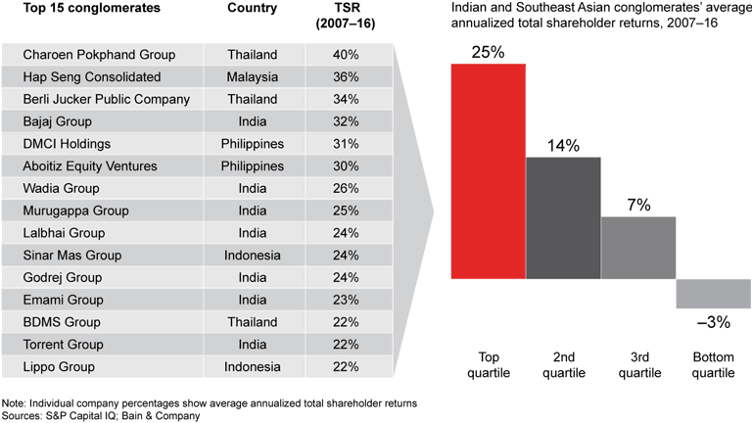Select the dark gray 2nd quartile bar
(563, 216)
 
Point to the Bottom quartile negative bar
(714, 294)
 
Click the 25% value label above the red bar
(488, 52)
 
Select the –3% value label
(713, 322)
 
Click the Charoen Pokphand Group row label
(99, 55)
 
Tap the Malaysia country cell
(252, 77)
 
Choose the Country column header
(252, 9)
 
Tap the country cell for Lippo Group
(252, 367)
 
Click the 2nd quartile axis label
(563, 365)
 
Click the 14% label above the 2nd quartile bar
(563, 145)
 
